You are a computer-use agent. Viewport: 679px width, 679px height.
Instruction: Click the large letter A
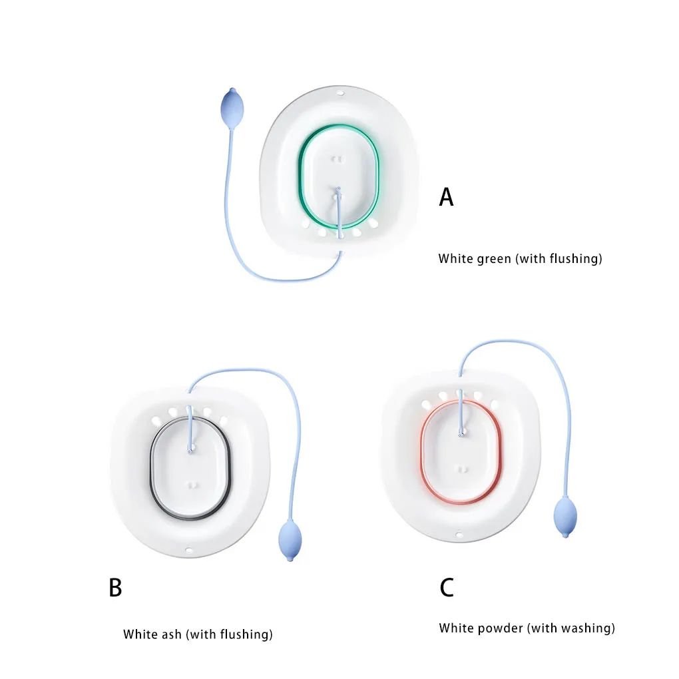click(x=446, y=197)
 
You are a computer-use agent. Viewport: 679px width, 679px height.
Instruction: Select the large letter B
click(x=115, y=588)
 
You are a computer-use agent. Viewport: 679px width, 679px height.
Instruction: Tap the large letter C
click(x=446, y=588)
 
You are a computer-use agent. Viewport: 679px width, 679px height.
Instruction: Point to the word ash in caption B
click(x=170, y=634)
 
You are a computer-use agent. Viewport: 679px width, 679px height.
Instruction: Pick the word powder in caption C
click(x=503, y=628)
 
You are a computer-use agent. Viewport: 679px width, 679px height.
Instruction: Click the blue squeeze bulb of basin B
click(x=290, y=539)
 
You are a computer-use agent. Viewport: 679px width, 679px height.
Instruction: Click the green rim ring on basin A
click(x=300, y=180)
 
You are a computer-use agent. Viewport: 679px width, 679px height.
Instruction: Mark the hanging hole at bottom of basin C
click(x=459, y=535)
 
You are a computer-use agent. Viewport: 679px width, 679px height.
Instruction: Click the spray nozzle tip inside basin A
click(x=338, y=190)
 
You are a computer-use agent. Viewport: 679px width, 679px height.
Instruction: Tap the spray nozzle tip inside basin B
click(x=190, y=451)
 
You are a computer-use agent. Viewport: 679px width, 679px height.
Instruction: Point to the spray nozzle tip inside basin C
click(x=461, y=434)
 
